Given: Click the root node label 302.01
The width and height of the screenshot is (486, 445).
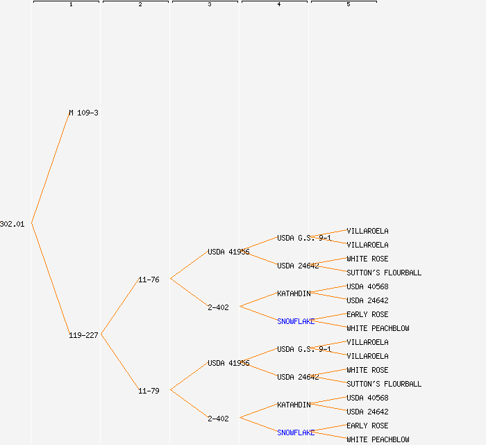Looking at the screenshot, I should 12,224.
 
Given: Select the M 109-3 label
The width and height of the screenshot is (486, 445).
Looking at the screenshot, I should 83,113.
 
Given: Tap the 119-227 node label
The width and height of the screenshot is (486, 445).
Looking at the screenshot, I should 83,335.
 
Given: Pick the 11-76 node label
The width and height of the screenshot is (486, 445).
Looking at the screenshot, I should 149,280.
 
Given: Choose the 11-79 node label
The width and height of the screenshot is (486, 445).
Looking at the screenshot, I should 149,391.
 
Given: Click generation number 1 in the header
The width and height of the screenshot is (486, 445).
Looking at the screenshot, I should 70,5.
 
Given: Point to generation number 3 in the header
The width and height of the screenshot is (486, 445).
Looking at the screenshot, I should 209,5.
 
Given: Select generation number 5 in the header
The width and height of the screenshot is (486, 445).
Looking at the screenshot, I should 348,5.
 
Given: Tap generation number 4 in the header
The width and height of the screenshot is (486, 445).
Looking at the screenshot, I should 278,5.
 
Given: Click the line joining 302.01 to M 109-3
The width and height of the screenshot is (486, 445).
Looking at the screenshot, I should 50,168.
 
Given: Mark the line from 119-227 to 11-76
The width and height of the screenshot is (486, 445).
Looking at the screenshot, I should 119,307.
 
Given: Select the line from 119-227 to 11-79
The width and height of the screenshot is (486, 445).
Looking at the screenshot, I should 119,363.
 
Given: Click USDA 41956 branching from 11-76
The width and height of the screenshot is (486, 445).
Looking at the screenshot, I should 228,252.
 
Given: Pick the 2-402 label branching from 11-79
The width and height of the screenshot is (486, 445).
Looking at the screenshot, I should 218,419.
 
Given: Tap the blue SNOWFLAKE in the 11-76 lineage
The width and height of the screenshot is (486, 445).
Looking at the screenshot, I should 296,321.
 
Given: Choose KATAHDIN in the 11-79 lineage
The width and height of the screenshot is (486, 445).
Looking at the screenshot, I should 294,405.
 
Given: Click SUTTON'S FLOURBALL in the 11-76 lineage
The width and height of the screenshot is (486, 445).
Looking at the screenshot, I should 384,273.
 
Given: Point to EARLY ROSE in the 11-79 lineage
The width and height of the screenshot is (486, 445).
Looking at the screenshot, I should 368,426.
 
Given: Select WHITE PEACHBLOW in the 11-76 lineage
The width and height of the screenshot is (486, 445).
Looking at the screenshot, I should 378,328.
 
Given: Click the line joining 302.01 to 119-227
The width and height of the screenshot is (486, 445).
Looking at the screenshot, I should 50,280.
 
